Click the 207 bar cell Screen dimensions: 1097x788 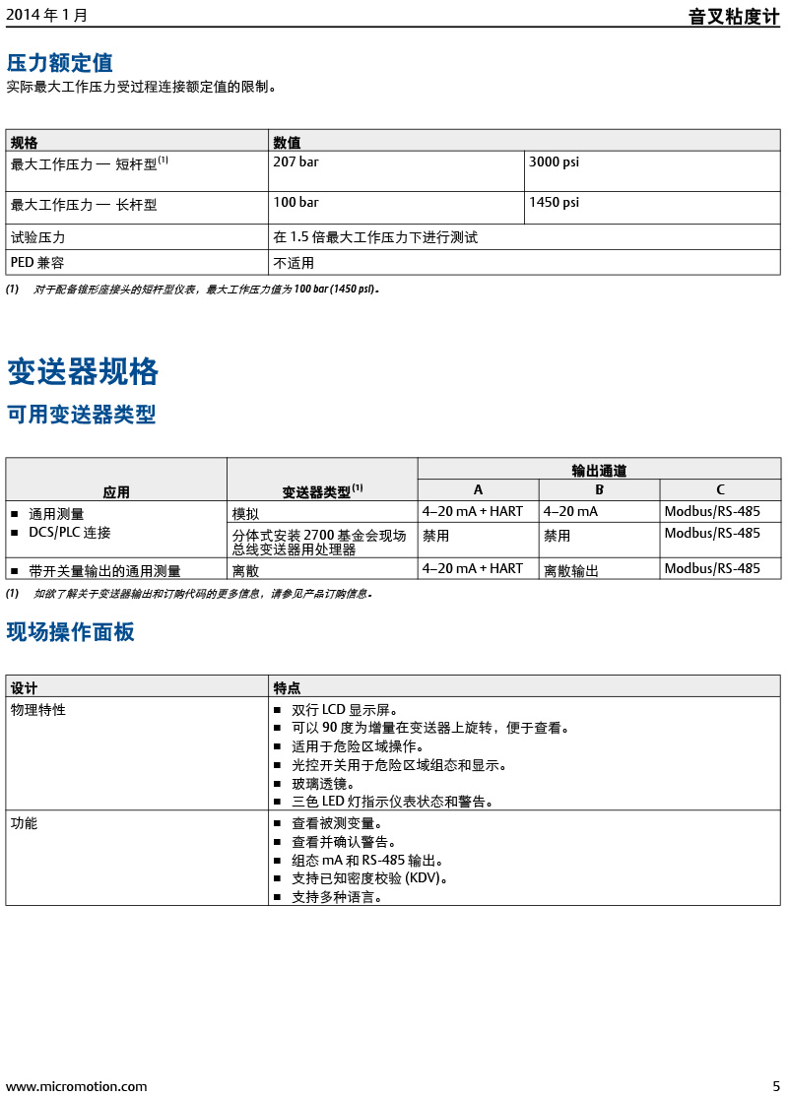click(x=295, y=161)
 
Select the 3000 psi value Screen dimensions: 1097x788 click(x=555, y=161)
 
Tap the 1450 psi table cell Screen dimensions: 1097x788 click(x=555, y=202)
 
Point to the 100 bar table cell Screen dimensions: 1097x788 click(x=295, y=202)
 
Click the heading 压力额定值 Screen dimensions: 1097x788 click(x=60, y=63)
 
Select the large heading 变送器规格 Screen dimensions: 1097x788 click(x=83, y=371)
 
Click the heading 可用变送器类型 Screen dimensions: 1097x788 click(x=82, y=415)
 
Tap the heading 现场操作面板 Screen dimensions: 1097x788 click(x=71, y=632)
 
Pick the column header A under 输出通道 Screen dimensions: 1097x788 click(x=478, y=489)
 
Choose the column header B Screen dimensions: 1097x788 click(x=599, y=489)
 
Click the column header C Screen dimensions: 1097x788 click(x=720, y=489)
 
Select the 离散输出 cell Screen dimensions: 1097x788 click(x=570, y=569)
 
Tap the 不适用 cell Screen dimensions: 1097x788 click(x=294, y=263)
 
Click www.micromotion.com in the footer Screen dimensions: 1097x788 click(x=77, y=1086)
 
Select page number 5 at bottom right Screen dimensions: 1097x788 click(x=775, y=1086)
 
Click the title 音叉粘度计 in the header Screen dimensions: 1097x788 click(x=733, y=17)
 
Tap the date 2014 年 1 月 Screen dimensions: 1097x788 click(x=46, y=16)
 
